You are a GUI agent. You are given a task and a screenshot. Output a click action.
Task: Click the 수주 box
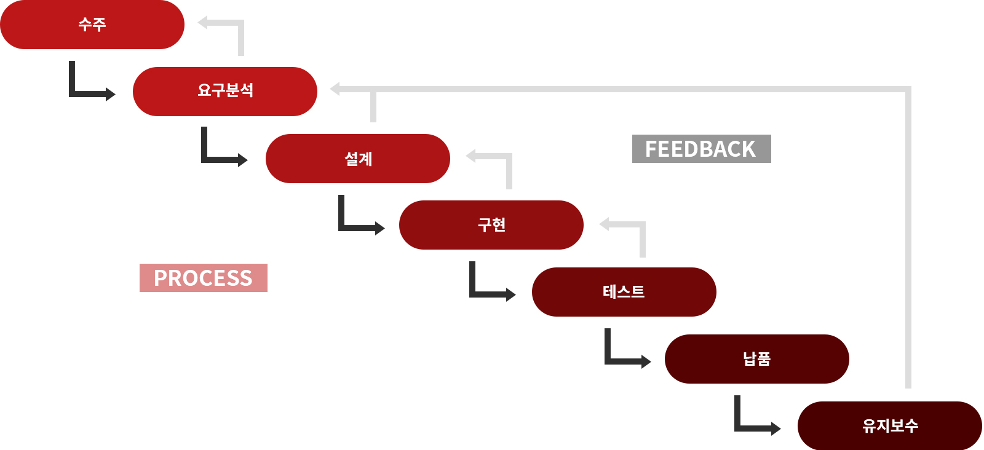click(x=92, y=25)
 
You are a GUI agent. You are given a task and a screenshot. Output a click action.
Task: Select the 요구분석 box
click(x=225, y=91)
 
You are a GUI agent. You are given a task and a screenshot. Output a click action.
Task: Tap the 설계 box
click(x=358, y=159)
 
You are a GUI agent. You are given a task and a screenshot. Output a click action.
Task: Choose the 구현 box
click(x=491, y=225)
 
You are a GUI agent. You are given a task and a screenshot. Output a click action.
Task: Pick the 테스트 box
click(x=624, y=292)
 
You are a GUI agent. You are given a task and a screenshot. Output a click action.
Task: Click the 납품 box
click(x=757, y=359)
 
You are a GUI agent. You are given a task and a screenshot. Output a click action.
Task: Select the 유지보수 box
click(x=890, y=425)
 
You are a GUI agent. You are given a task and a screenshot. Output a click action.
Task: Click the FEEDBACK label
click(x=701, y=149)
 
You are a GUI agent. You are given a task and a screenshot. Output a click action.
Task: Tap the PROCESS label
click(x=204, y=278)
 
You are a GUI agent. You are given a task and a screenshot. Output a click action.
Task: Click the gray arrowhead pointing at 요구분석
click(x=336, y=89)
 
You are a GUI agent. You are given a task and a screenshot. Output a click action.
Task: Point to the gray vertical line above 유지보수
click(x=908, y=246)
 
